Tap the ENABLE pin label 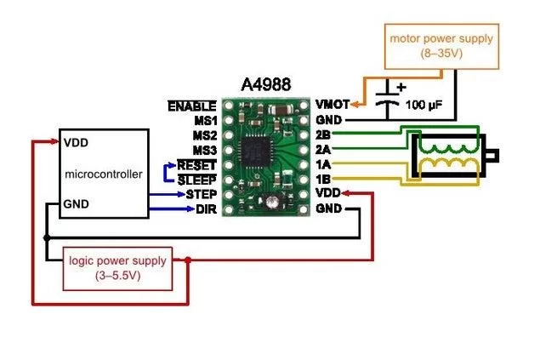(x=191, y=106)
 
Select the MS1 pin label (x=204, y=121)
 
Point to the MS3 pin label (x=204, y=150)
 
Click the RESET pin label (x=197, y=164)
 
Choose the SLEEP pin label (x=197, y=179)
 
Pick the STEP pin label (x=201, y=194)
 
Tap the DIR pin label (x=206, y=209)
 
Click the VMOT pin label (x=330, y=105)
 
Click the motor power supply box (x=441, y=45)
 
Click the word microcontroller (x=104, y=174)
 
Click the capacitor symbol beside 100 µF (x=389, y=104)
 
